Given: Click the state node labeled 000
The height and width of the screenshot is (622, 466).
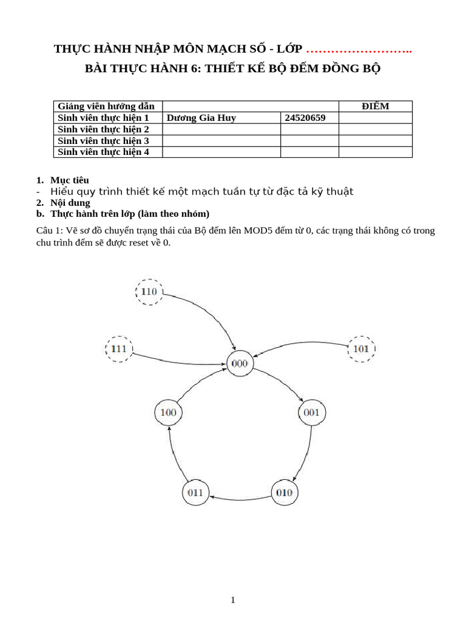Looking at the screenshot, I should click(240, 364).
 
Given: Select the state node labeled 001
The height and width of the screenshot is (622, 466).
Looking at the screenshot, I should click(312, 413).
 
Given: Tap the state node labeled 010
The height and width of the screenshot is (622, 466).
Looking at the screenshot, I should click(285, 492).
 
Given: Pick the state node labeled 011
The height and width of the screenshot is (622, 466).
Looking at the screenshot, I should click(195, 492).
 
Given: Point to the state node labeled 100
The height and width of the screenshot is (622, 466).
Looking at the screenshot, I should click(168, 413).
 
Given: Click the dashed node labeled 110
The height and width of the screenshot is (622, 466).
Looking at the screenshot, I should click(149, 292).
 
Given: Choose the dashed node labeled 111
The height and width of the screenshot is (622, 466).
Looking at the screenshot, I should click(119, 349).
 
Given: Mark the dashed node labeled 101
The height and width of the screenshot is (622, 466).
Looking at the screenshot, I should click(361, 349).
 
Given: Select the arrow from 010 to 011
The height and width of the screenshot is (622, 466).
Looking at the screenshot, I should click(240, 498).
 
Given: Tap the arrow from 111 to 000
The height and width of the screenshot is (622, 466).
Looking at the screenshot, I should click(182, 355).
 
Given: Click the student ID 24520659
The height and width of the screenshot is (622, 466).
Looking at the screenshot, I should click(305, 118).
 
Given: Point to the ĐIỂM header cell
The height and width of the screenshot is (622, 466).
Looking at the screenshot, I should click(375, 106).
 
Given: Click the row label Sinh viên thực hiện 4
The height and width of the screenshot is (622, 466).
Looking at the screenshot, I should click(103, 152).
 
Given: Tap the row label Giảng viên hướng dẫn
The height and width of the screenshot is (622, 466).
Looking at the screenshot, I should click(106, 106).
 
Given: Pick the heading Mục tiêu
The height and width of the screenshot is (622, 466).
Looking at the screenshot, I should click(69, 180).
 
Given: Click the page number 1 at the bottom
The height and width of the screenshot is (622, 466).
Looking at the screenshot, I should click(233, 600).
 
